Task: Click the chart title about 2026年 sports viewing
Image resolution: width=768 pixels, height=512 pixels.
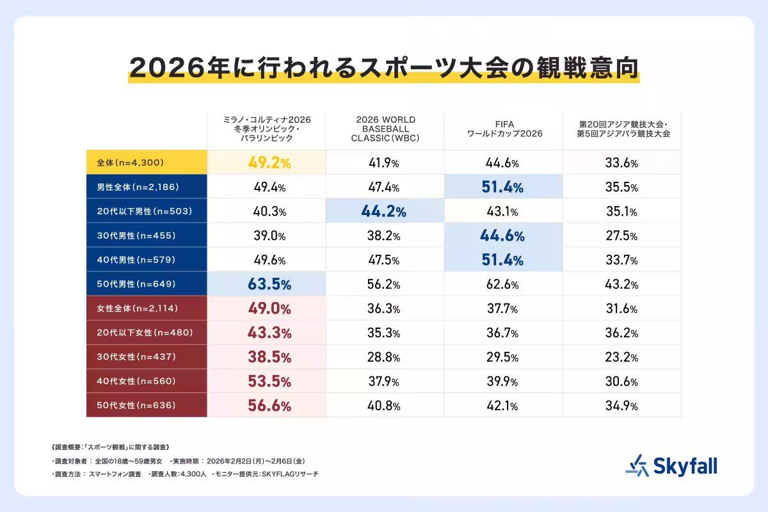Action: tap(383, 67)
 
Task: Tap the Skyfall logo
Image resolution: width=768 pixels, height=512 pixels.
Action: tap(671, 465)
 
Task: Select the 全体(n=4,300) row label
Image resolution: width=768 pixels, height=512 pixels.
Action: tap(146, 163)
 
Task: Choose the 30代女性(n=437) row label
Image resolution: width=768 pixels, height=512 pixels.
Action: tap(146, 357)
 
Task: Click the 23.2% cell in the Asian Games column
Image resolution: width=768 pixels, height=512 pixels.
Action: tap(621, 357)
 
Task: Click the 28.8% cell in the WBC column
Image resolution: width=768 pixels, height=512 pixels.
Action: tap(385, 357)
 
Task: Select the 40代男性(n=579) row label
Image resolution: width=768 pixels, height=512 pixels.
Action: tap(146, 260)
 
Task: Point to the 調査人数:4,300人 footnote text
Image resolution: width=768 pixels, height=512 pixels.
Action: tap(177, 474)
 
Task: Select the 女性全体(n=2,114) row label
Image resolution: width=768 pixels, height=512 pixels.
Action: tap(146, 308)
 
